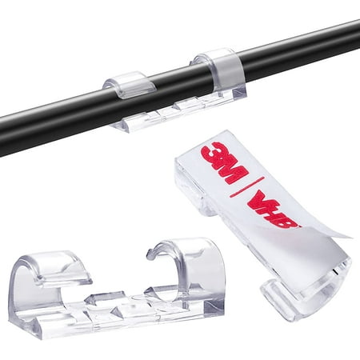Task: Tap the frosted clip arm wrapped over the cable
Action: tap(226, 70)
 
